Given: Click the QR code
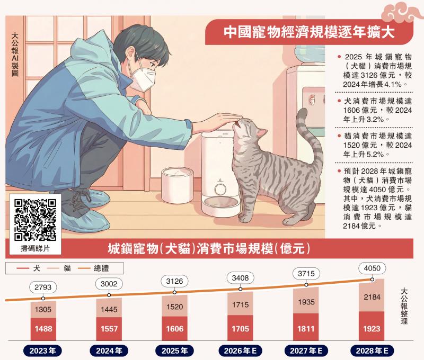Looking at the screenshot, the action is tap(35, 220).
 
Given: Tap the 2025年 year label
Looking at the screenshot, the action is tap(175, 351).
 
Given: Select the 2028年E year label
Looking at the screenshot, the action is tap(372, 351).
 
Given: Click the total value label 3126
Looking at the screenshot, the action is tap(175, 281).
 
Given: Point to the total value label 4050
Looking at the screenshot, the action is tap(372, 268).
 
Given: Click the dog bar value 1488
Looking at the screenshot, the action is tap(43, 329).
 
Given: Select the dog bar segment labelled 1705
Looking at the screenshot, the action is tap(241, 328).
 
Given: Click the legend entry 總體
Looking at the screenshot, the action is tap(94, 268).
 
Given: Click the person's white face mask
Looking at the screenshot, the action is tap(142, 78).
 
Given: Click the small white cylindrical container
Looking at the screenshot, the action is tap(177, 185).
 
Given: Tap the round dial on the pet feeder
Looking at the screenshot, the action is tap(220, 189).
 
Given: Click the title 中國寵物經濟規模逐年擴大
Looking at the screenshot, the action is tap(309, 32).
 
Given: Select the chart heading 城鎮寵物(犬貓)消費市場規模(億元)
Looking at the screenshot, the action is tap(209, 248).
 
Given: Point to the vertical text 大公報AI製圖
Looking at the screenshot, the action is tap(15, 55).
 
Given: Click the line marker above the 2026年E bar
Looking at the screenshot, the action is tap(241, 289).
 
